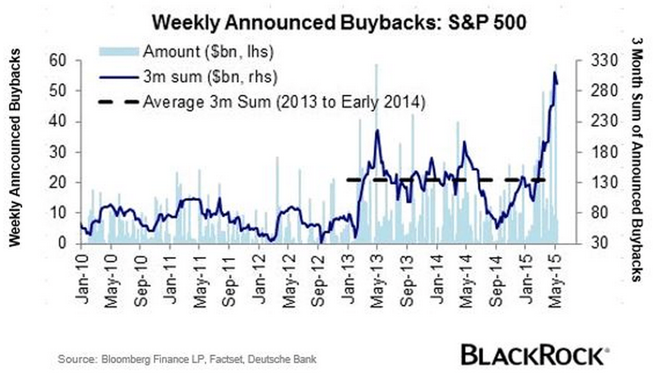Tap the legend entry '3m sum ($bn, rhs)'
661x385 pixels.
[207, 77]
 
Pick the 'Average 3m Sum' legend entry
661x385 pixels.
[284, 103]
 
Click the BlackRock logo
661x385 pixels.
[534, 354]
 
